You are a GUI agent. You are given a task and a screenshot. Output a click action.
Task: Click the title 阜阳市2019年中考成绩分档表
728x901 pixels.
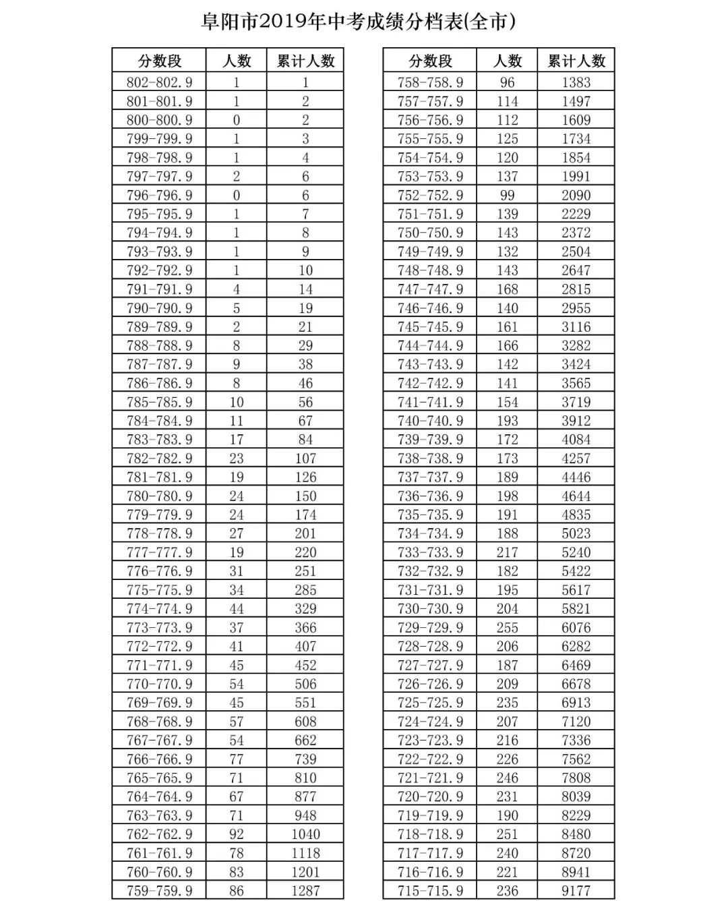(359, 22)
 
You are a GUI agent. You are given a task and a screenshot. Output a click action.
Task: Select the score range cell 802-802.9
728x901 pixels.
(159, 82)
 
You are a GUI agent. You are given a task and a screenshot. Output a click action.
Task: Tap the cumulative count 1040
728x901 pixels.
(305, 834)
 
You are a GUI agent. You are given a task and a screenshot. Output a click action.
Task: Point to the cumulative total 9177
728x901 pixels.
(576, 890)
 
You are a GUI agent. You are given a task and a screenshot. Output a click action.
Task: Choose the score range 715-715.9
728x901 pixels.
(430, 890)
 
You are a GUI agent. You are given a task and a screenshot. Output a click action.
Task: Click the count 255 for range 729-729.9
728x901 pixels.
(507, 627)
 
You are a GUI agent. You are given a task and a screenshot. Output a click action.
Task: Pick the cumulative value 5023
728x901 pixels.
(576, 533)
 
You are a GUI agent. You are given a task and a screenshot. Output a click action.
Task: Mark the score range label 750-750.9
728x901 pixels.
(430, 233)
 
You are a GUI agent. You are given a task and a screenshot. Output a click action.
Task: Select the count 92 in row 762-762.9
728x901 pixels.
(236, 834)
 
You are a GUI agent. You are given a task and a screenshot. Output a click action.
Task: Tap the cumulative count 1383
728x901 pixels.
(576, 82)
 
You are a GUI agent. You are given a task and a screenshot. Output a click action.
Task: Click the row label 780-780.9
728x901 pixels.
(159, 496)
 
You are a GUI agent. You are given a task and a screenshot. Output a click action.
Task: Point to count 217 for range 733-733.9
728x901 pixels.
(507, 552)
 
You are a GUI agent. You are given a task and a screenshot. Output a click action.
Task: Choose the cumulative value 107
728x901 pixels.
(305, 459)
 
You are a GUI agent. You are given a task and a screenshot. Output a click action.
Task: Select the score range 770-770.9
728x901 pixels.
(159, 684)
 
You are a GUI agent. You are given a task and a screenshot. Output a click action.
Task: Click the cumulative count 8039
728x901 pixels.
(576, 796)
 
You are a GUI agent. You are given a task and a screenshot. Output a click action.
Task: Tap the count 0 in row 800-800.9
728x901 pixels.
(236, 120)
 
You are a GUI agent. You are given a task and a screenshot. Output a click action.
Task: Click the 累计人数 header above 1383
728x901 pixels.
(576, 61)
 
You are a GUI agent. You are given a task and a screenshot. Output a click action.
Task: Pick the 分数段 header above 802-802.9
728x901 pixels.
(160, 61)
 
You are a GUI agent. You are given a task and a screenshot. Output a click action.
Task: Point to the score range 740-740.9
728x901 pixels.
(430, 421)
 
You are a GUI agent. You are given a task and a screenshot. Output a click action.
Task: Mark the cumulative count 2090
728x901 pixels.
(576, 195)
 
